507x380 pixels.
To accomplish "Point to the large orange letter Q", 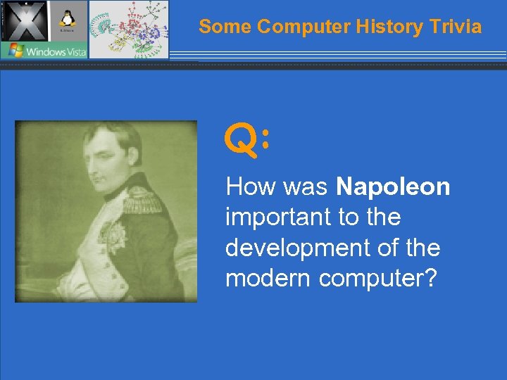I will [241, 139].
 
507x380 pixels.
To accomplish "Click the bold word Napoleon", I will [393, 187].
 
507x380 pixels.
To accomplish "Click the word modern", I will [268, 278].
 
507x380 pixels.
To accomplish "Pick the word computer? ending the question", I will [378, 278].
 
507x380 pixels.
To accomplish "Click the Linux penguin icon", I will [68, 20].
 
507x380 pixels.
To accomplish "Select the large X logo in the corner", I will [24, 20].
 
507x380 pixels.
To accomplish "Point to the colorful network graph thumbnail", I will [129, 29].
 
